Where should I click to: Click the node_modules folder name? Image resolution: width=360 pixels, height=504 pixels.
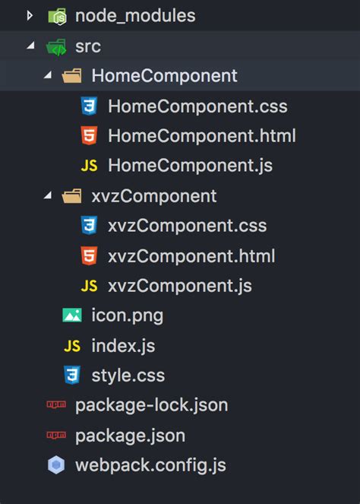tap(135, 16)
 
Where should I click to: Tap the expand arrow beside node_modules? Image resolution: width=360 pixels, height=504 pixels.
tap(30, 15)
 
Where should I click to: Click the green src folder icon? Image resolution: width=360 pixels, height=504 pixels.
tap(56, 47)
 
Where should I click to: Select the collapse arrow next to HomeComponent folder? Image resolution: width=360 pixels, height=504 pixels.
tap(48, 75)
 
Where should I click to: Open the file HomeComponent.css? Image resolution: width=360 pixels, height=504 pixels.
tap(197, 106)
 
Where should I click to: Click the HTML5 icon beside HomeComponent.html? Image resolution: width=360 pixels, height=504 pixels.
tap(89, 135)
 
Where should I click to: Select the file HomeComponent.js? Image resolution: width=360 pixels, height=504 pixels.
tap(190, 166)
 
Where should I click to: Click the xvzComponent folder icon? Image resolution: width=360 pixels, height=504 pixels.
tap(71, 196)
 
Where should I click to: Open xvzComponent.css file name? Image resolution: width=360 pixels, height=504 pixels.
tap(188, 226)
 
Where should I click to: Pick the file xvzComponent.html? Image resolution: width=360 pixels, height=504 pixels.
tap(191, 256)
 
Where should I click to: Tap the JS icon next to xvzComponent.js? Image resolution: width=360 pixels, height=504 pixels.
tap(89, 286)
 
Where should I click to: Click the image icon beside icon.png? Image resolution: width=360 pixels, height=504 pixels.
tap(72, 315)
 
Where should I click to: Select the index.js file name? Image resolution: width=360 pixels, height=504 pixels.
tap(123, 346)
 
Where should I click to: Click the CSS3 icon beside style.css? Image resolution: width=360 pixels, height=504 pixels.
tap(72, 375)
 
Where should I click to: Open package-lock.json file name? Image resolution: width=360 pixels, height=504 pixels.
tap(152, 405)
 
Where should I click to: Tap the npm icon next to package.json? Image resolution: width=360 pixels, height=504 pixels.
tap(56, 435)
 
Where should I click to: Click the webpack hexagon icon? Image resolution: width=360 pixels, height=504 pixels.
tap(56, 464)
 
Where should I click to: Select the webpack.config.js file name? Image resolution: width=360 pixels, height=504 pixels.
tap(150, 465)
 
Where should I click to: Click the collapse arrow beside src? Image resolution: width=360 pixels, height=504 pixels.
tap(31, 46)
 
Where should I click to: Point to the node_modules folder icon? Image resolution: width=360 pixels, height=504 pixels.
tap(57, 16)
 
